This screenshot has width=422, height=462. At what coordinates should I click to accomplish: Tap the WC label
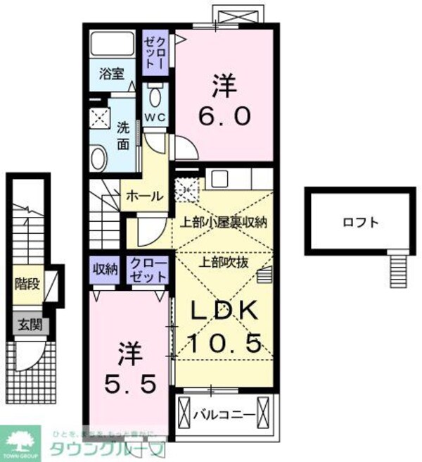pos(155,116)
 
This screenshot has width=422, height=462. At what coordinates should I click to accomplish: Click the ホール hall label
pos(144,196)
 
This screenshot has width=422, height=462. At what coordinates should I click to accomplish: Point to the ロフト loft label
pos(361,223)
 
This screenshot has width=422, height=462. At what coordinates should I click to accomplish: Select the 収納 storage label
pos(105,268)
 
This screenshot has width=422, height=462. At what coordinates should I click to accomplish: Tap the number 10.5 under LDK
pos(225,343)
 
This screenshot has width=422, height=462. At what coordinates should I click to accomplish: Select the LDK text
pos(219,311)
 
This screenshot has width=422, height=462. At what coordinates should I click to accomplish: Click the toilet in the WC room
pos(155,95)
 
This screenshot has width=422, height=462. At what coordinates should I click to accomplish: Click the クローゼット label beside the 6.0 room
pos(154,50)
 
